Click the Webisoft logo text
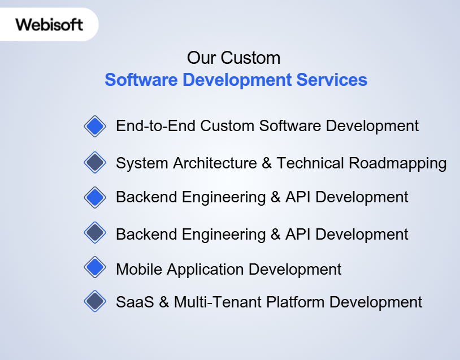point(49,24)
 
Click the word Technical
point(310,163)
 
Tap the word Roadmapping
point(398,163)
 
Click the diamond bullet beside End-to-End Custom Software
point(95,125)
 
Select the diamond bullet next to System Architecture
point(95,163)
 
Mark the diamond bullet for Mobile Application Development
point(95,267)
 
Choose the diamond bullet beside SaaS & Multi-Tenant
point(95,301)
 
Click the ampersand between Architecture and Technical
point(267,163)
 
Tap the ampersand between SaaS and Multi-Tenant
point(164,302)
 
